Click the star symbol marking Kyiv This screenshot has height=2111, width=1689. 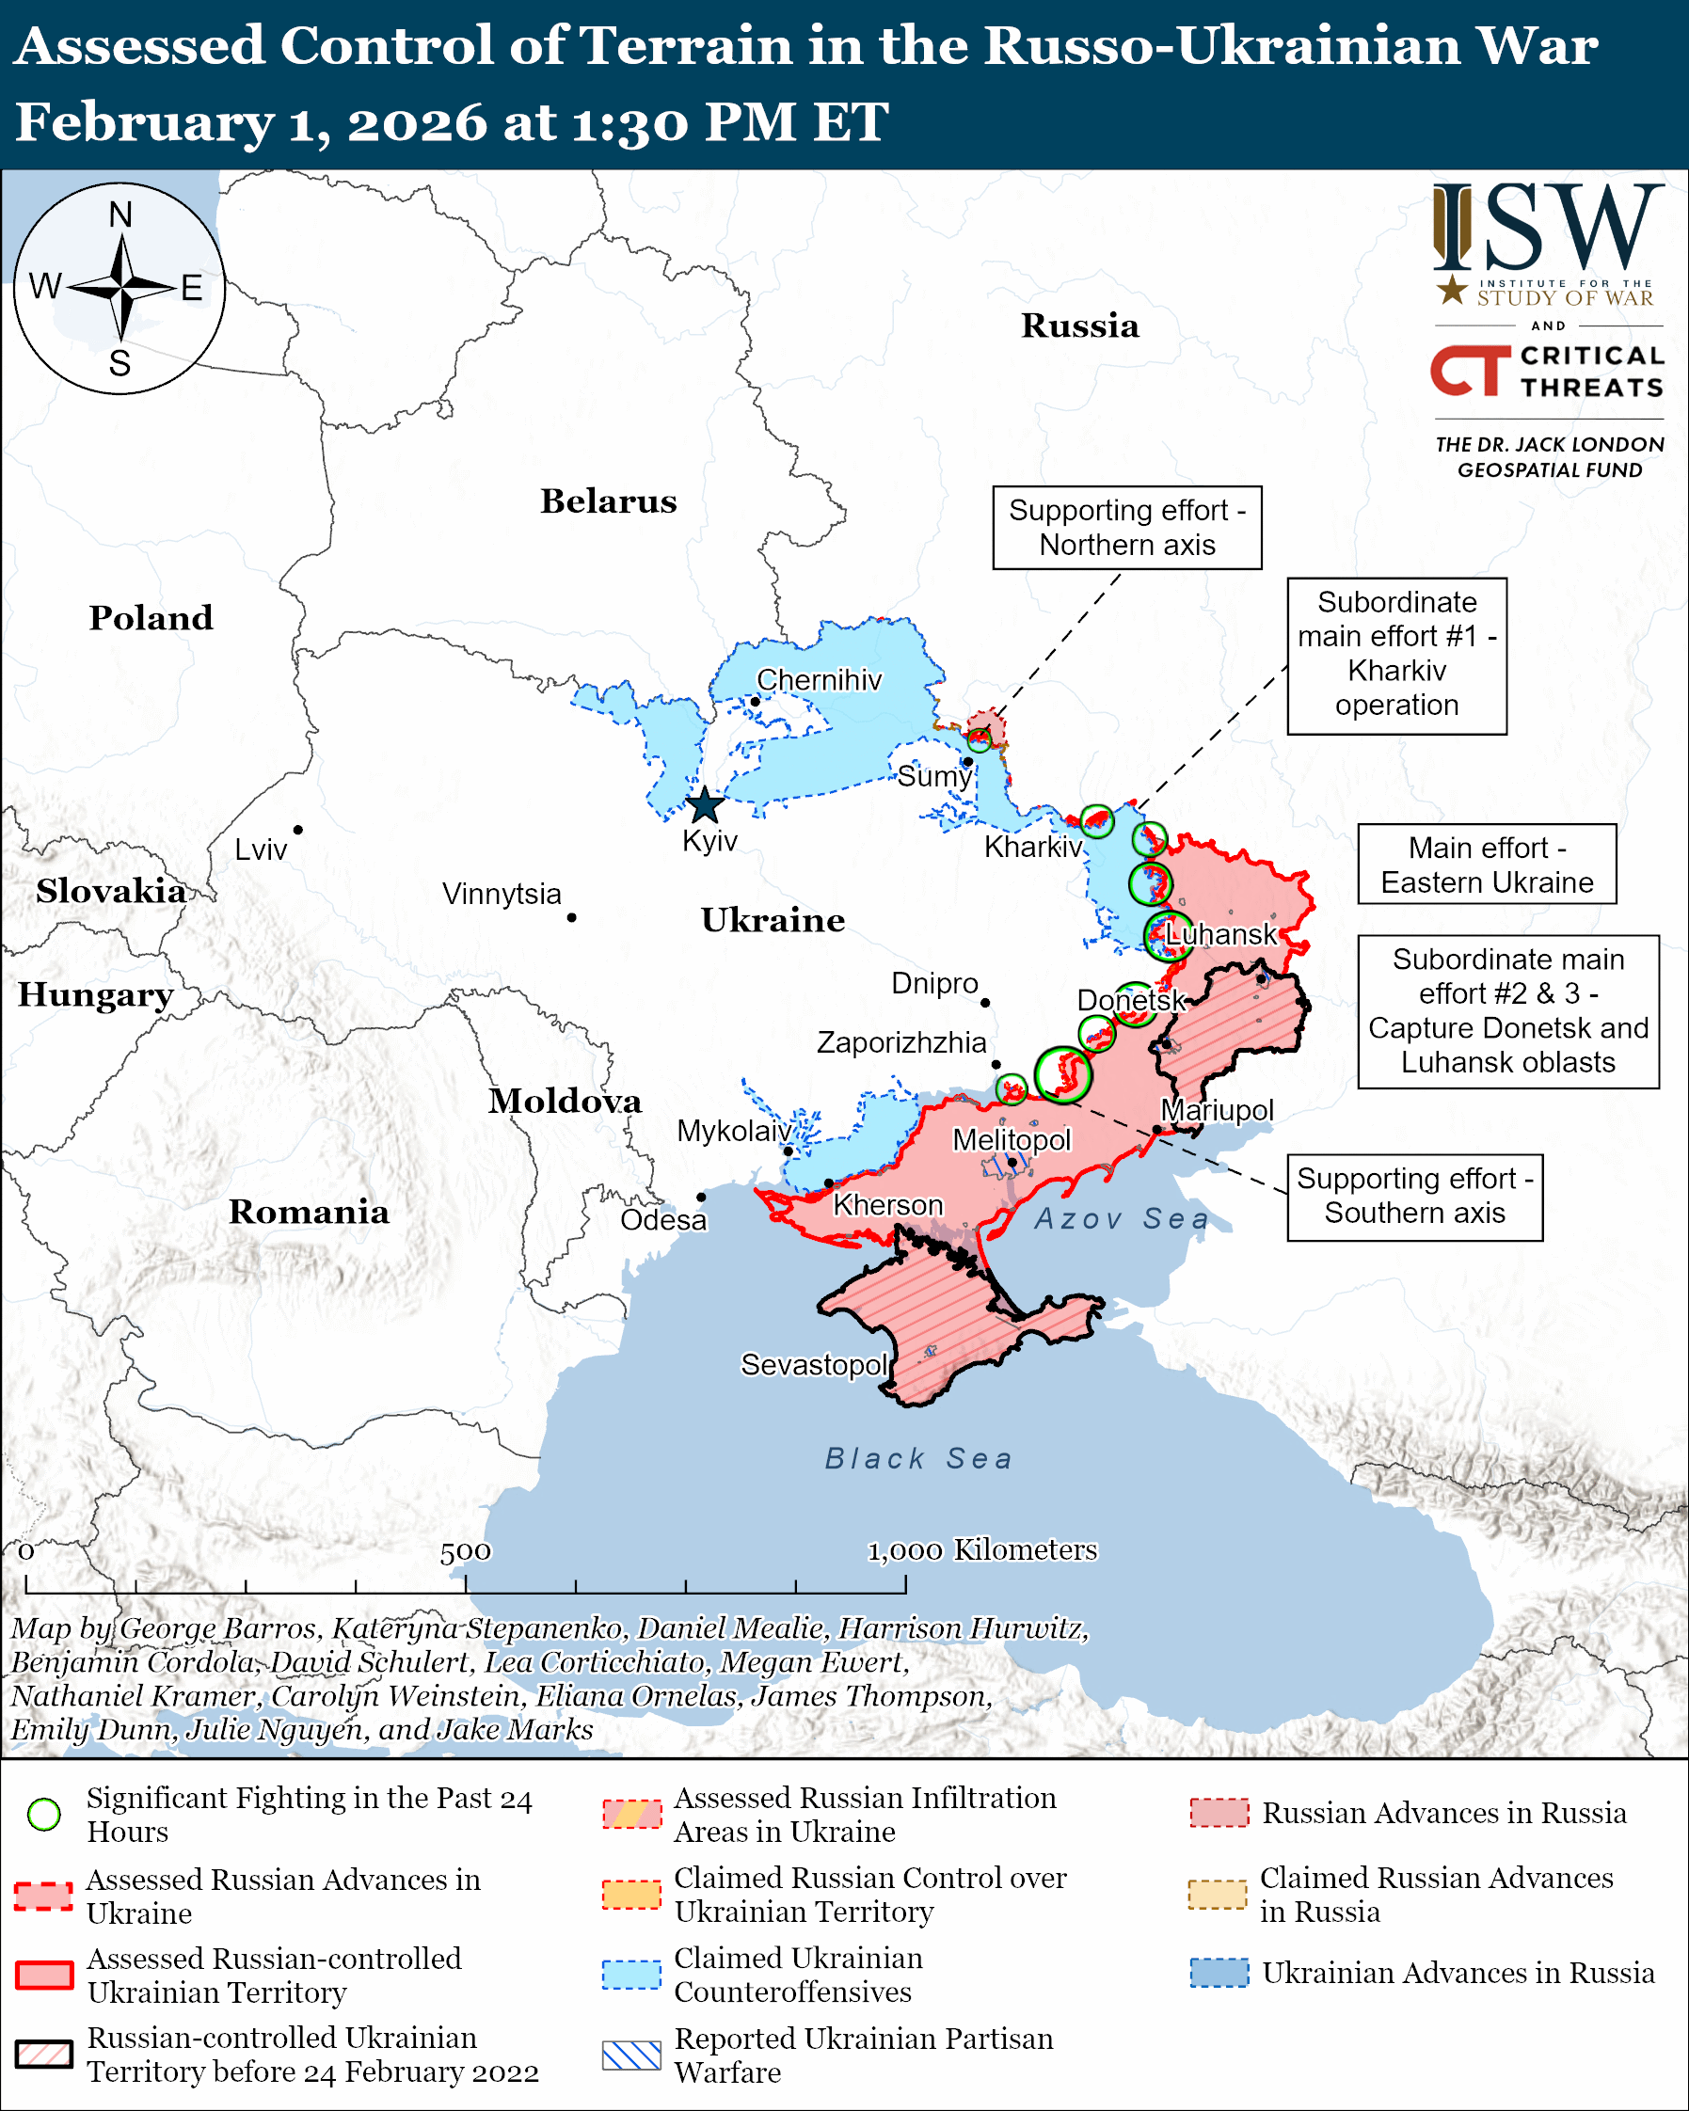click(x=705, y=807)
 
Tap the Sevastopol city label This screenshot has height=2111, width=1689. click(x=814, y=1364)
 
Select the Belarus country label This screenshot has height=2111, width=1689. click(x=608, y=501)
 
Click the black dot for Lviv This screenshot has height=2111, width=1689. click(x=297, y=831)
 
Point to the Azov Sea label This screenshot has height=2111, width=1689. click(x=1121, y=1219)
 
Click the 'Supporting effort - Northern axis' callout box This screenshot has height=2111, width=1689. click(x=1127, y=528)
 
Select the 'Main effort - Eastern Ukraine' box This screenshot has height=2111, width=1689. click(x=1487, y=865)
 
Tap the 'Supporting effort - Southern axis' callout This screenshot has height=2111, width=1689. click(x=1414, y=1197)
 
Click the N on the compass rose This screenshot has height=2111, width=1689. click(x=120, y=215)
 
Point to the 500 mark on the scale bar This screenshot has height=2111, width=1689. click(x=465, y=1552)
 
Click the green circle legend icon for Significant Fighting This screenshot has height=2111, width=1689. click(x=44, y=1815)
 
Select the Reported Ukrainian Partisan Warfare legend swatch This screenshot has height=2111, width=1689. click(x=631, y=2055)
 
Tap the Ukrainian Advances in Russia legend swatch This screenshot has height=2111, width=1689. click(x=1219, y=1973)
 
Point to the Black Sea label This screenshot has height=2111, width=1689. click(x=918, y=1459)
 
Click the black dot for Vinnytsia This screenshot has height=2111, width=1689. click(x=572, y=917)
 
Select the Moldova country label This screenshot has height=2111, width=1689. click(x=565, y=1102)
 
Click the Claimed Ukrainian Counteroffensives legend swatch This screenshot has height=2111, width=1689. click(x=631, y=1975)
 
